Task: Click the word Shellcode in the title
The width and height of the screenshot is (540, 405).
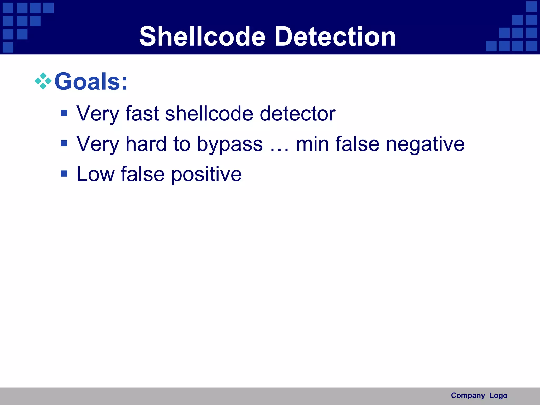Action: click(202, 36)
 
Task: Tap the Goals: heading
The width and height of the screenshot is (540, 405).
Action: click(91, 81)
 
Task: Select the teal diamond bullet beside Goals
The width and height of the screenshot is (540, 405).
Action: click(43, 81)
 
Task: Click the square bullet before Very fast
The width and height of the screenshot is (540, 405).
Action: click(64, 113)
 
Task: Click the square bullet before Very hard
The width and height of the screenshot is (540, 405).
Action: click(64, 143)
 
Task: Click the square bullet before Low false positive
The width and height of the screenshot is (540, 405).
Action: click(64, 173)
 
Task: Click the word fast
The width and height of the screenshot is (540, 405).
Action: click(142, 114)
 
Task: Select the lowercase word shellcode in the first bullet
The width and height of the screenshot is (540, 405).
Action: click(209, 114)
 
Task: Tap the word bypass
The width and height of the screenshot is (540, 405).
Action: click(230, 144)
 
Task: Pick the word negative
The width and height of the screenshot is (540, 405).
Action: click(425, 144)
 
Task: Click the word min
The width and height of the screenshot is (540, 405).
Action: click(312, 144)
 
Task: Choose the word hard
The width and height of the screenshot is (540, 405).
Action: click(146, 144)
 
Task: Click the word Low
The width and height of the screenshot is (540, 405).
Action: click(95, 174)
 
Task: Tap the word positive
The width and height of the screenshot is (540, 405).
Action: click(206, 175)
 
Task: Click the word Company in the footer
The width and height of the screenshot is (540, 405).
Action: click(468, 396)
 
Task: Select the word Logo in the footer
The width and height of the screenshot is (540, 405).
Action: click(498, 396)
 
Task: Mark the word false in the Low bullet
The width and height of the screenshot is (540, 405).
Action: click(143, 174)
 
